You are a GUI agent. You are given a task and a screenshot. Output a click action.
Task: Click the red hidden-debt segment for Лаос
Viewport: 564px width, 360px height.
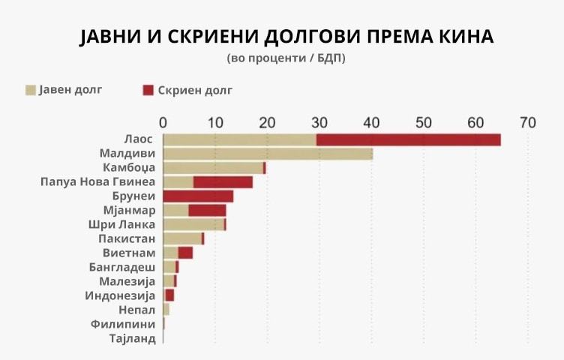(408, 139)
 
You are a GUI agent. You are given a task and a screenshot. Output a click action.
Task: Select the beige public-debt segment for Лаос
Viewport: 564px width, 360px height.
(239, 139)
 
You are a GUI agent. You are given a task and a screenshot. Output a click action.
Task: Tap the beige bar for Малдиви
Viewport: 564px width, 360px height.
(268, 154)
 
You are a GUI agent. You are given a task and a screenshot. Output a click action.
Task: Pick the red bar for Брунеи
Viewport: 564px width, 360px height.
(198, 196)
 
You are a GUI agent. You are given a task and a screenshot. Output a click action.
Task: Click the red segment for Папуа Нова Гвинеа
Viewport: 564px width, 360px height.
(223, 182)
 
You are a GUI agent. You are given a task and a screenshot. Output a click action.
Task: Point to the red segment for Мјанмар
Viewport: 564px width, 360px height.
(207, 211)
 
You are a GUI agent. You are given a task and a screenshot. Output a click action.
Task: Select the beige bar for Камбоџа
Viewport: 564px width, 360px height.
(213, 168)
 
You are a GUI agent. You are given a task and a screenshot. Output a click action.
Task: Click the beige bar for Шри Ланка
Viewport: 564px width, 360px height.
(193, 225)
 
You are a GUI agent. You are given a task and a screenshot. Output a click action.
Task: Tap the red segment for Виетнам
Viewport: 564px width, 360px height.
(185, 253)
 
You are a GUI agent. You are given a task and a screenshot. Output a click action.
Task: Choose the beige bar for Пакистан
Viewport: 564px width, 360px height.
(181, 238)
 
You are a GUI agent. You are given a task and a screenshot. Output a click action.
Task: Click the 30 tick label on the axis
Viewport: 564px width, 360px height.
(319, 122)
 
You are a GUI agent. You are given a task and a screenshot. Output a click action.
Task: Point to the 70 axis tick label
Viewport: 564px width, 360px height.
(528, 122)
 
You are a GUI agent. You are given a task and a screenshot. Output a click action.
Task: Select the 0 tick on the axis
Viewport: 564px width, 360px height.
(163, 122)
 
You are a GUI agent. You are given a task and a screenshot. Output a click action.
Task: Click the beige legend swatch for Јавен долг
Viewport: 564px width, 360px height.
(31, 91)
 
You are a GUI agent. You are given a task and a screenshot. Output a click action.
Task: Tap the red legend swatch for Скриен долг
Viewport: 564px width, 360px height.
(148, 91)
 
